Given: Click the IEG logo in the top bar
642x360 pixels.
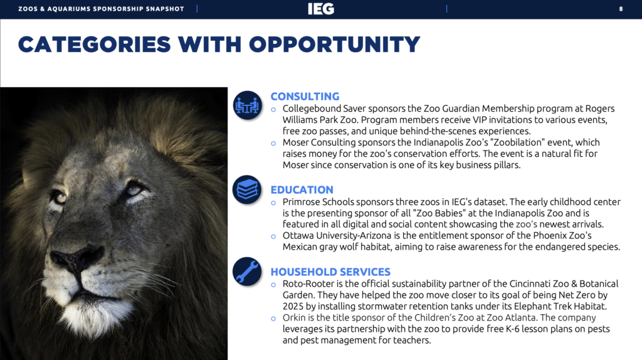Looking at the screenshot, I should tap(320, 9).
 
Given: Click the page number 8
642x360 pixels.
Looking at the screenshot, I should tap(621, 9).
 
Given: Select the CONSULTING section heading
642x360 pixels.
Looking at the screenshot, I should tap(305, 97).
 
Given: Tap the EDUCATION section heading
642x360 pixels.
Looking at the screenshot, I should tap(302, 190).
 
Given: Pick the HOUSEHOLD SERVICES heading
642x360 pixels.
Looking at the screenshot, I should tap(330, 272).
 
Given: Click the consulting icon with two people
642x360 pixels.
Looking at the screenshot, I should tap(246, 105).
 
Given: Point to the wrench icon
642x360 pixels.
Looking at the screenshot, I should tap(246, 271).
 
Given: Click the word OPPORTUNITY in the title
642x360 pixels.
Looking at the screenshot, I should tap(334, 45).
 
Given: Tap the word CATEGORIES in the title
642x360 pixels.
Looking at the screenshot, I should tap(94, 45).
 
